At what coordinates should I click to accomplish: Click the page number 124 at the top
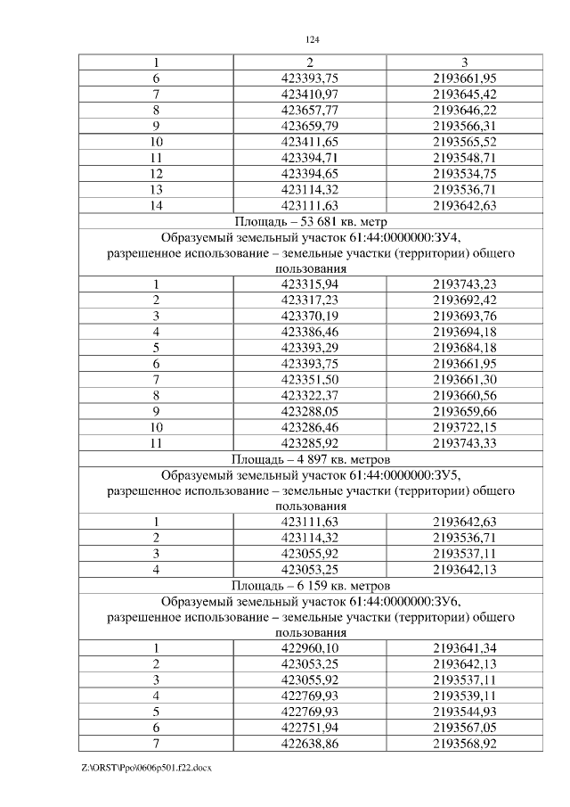pyautogui.click(x=312, y=40)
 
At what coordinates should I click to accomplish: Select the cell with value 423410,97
pyautogui.click(x=310, y=94)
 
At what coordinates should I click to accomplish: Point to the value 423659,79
pyautogui.click(x=310, y=126)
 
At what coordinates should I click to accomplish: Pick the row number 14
pyautogui.click(x=156, y=205)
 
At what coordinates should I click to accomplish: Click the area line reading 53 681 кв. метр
pyautogui.click(x=312, y=221)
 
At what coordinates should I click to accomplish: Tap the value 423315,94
pyautogui.click(x=310, y=284)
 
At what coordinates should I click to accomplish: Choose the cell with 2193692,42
pyautogui.click(x=464, y=300)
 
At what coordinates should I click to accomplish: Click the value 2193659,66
pyautogui.click(x=464, y=411)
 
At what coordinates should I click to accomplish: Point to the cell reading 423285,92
pyautogui.click(x=310, y=442)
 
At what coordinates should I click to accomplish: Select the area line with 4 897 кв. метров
pyautogui.click(x=312, y=458)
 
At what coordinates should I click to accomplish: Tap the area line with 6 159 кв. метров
pyautogui.click(x=312, y=586)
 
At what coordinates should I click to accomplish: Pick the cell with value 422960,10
pyautogui.click(x=310, y=648)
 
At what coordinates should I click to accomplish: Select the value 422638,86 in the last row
pyautogui.click(x=310, y=743)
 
